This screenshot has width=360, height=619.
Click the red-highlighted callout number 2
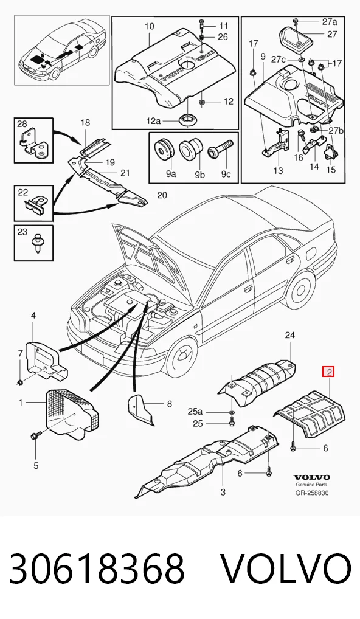point(328,372)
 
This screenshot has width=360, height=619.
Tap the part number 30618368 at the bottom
point(97,569)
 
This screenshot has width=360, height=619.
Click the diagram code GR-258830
point(312,493)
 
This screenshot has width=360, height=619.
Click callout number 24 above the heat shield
point(289,336)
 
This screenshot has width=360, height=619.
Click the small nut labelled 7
point(20,382)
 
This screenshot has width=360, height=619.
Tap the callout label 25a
point(195,412)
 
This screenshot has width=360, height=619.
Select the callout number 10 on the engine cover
point(149,27)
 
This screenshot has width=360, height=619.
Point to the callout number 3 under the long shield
point(223,493)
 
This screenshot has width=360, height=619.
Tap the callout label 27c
point(279,59)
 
